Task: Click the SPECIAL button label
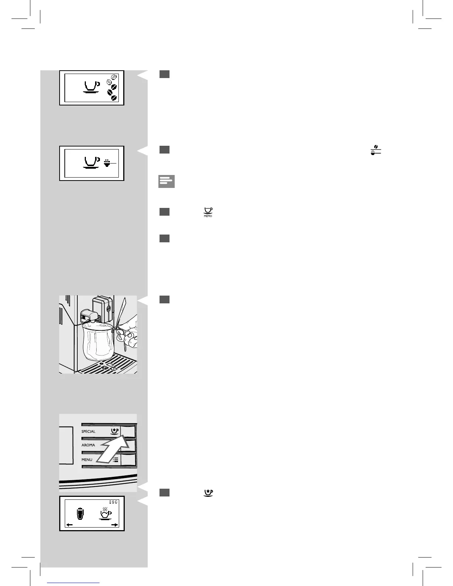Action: (x=88, y=431)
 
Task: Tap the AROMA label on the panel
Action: (x=88, y=445)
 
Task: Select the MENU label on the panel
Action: (x=87, y=459)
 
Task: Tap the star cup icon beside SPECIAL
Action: (x=115, y=431)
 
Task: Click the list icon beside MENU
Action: (x=115, y=460)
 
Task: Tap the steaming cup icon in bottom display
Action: (x=105, y=513)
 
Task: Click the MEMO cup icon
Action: (x=208, y=212)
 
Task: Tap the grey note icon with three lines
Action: (x=166, y=181)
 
